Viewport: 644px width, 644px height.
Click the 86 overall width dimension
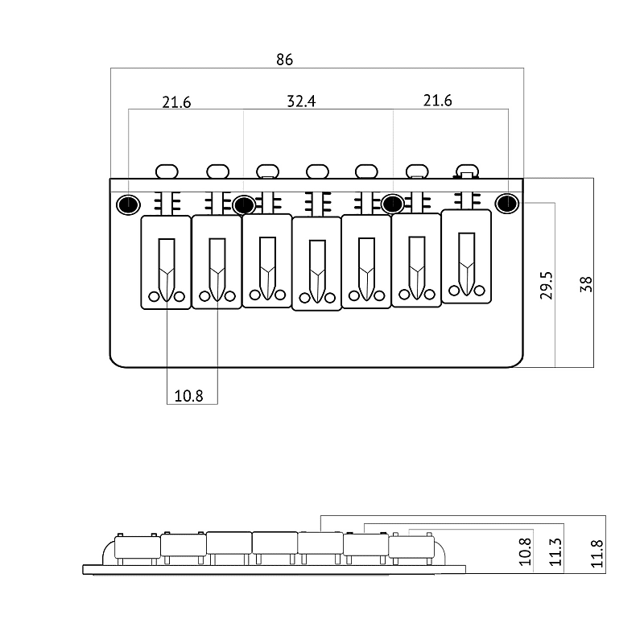[x=284, y=60]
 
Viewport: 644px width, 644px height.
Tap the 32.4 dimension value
[x=301, y=101]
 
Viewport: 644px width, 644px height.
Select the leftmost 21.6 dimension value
[x=176, y=102]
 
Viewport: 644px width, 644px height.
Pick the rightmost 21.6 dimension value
[x=437, y=101]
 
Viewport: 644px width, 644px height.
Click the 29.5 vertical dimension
[x=547, y=285]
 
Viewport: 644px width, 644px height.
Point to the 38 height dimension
[x=587, y=284]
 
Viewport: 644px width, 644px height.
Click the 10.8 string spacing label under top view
[x=188, y=396]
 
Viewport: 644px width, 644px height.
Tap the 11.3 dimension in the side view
[x=555, y=551]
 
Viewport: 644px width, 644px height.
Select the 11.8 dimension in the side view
[x=597, y=554]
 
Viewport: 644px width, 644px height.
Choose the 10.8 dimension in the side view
[x=525, y=551]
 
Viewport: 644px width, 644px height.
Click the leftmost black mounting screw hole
[x=128, y=204]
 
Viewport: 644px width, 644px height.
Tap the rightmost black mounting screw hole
[x=507, y=204]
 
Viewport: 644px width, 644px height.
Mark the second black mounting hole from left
[x=244, y=204]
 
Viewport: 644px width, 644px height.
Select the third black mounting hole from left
[x=393, y=204]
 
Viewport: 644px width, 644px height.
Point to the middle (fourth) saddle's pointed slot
[x=317, y=271]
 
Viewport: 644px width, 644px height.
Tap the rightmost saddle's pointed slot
[x=467, y=265]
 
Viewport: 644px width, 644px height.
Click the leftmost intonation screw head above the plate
[x=167, y=171]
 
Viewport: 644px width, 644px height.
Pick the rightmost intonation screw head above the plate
[x=468, y=171]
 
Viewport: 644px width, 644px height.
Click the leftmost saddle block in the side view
[x=137, y=547]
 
